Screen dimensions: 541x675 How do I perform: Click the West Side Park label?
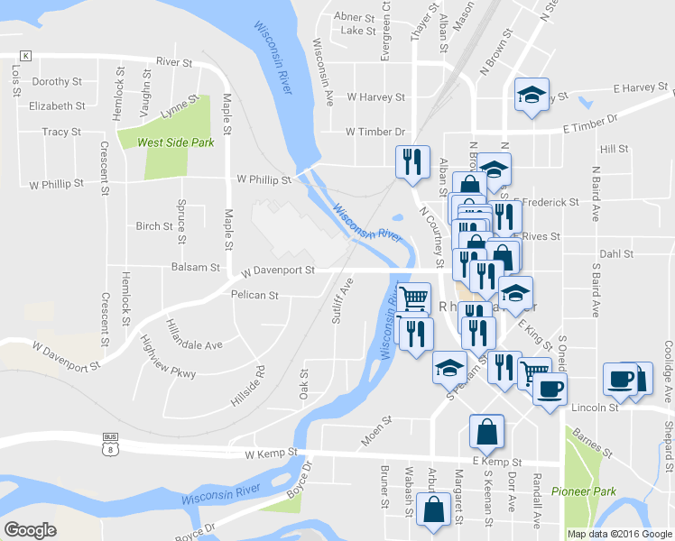click(x=176, y=142)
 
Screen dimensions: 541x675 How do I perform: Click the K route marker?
click(x=25, y=56)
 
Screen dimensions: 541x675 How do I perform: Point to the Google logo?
click(x=30, y=530)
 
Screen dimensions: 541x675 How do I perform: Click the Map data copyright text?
click(x=620, y=534)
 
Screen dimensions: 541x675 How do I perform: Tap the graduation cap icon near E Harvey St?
click(x=532, y=94)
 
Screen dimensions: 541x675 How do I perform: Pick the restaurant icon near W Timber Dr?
click(x=411, y=162)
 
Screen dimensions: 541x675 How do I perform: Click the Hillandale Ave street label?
click(x=194, y=334)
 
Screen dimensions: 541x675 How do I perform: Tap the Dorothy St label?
click(x=56, y=81)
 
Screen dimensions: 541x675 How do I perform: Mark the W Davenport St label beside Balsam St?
click(x=278, y=270)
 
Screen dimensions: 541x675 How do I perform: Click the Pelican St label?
click(x=254, y=295)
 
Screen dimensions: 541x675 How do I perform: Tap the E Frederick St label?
click(x=548, y=203)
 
